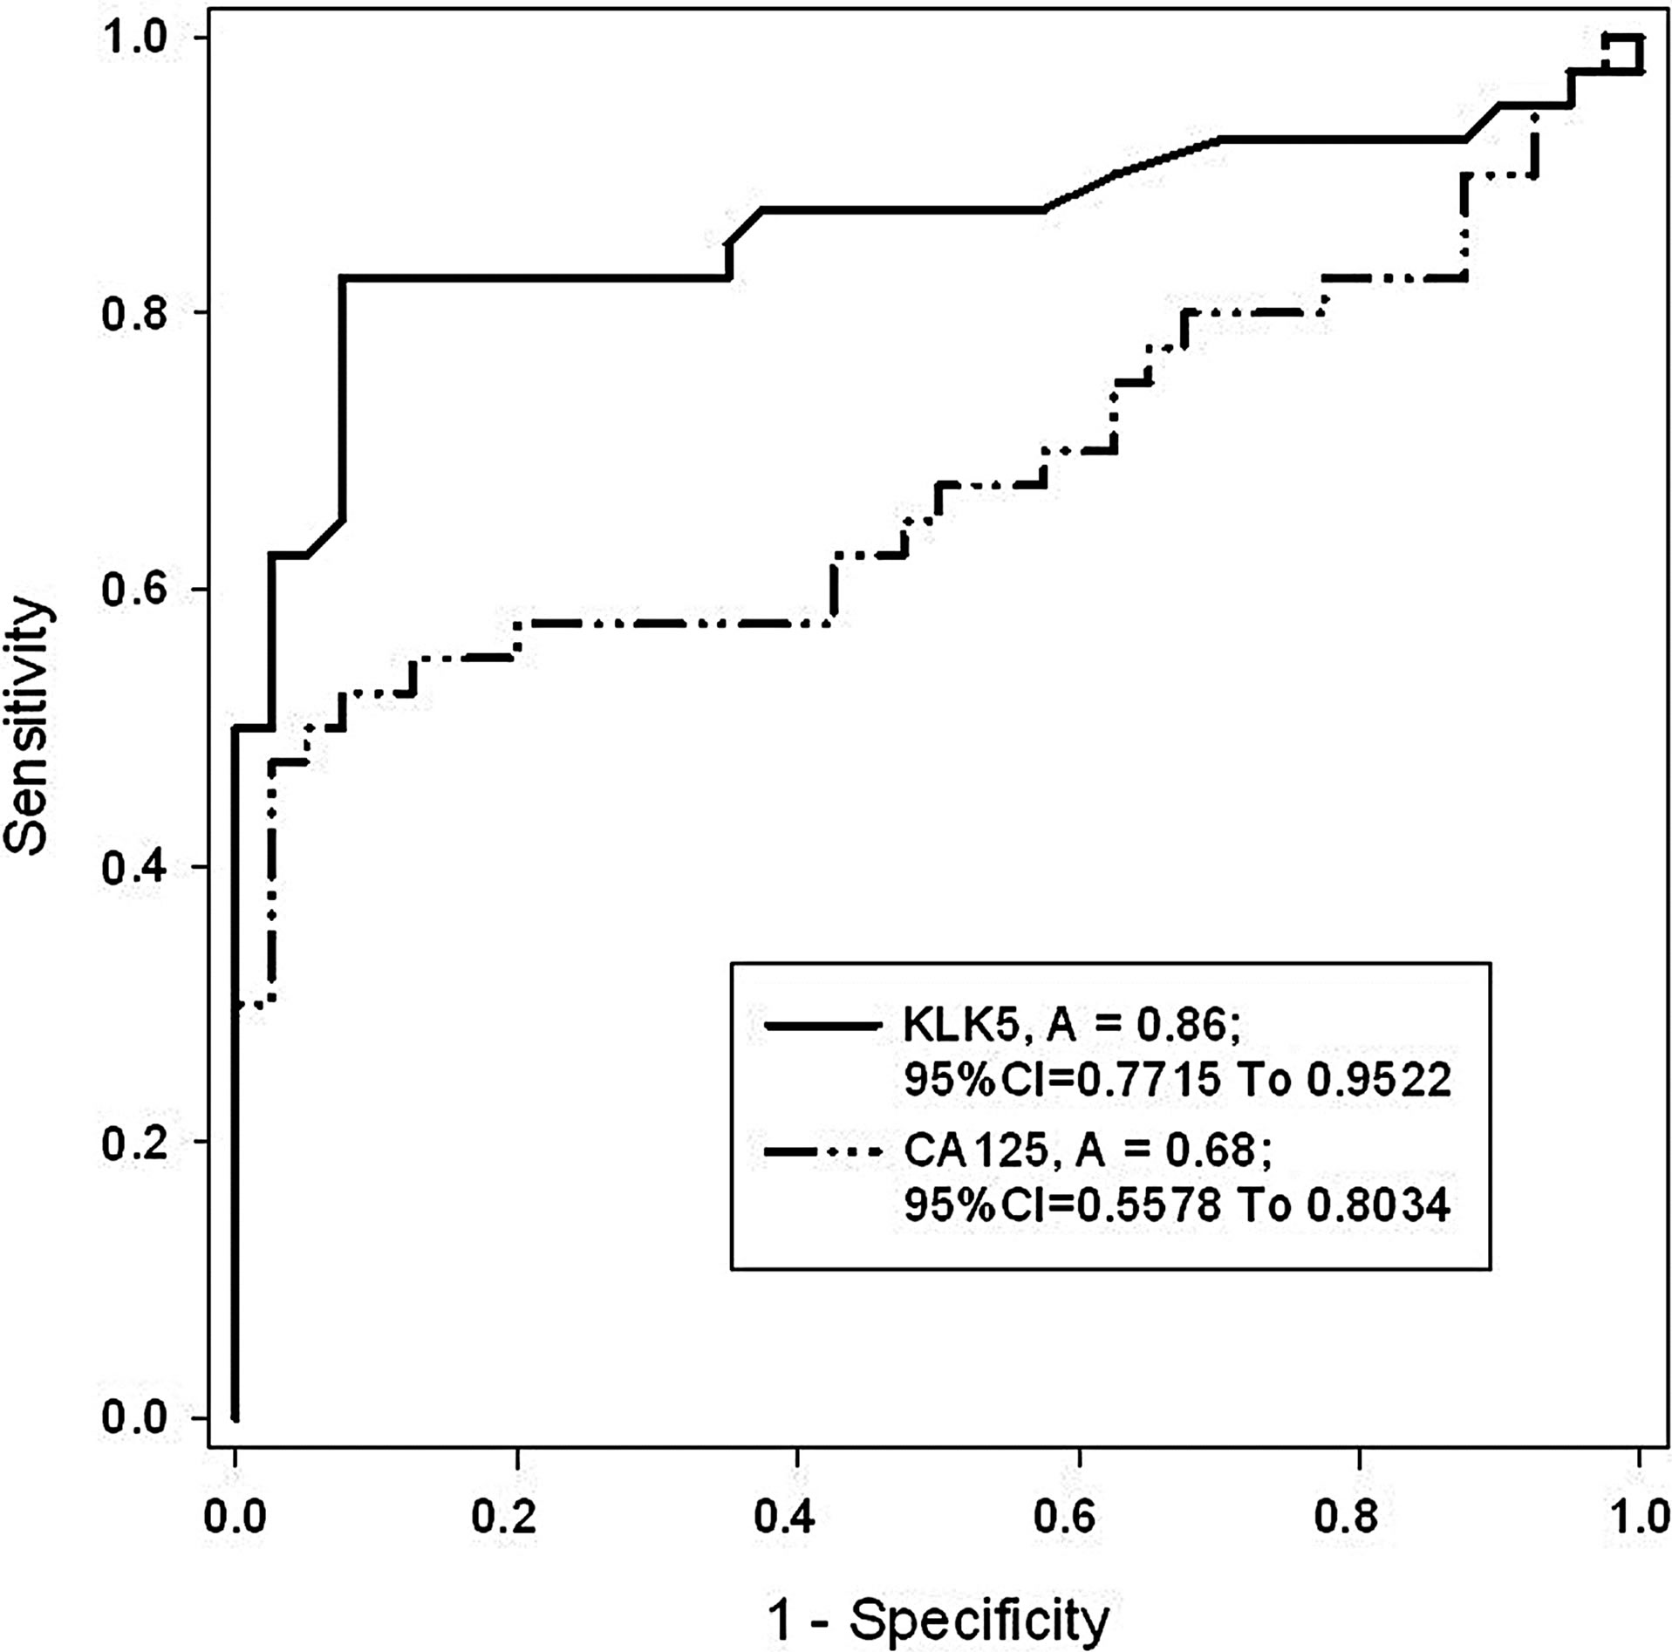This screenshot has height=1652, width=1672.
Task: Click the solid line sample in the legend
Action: pyautogui.click(x=822, y=1027)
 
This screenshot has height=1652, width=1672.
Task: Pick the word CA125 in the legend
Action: pyautogui.click(x=975, y=1151)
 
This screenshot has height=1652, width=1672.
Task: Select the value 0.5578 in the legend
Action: pyautogui.click(x=1148, y=1205)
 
